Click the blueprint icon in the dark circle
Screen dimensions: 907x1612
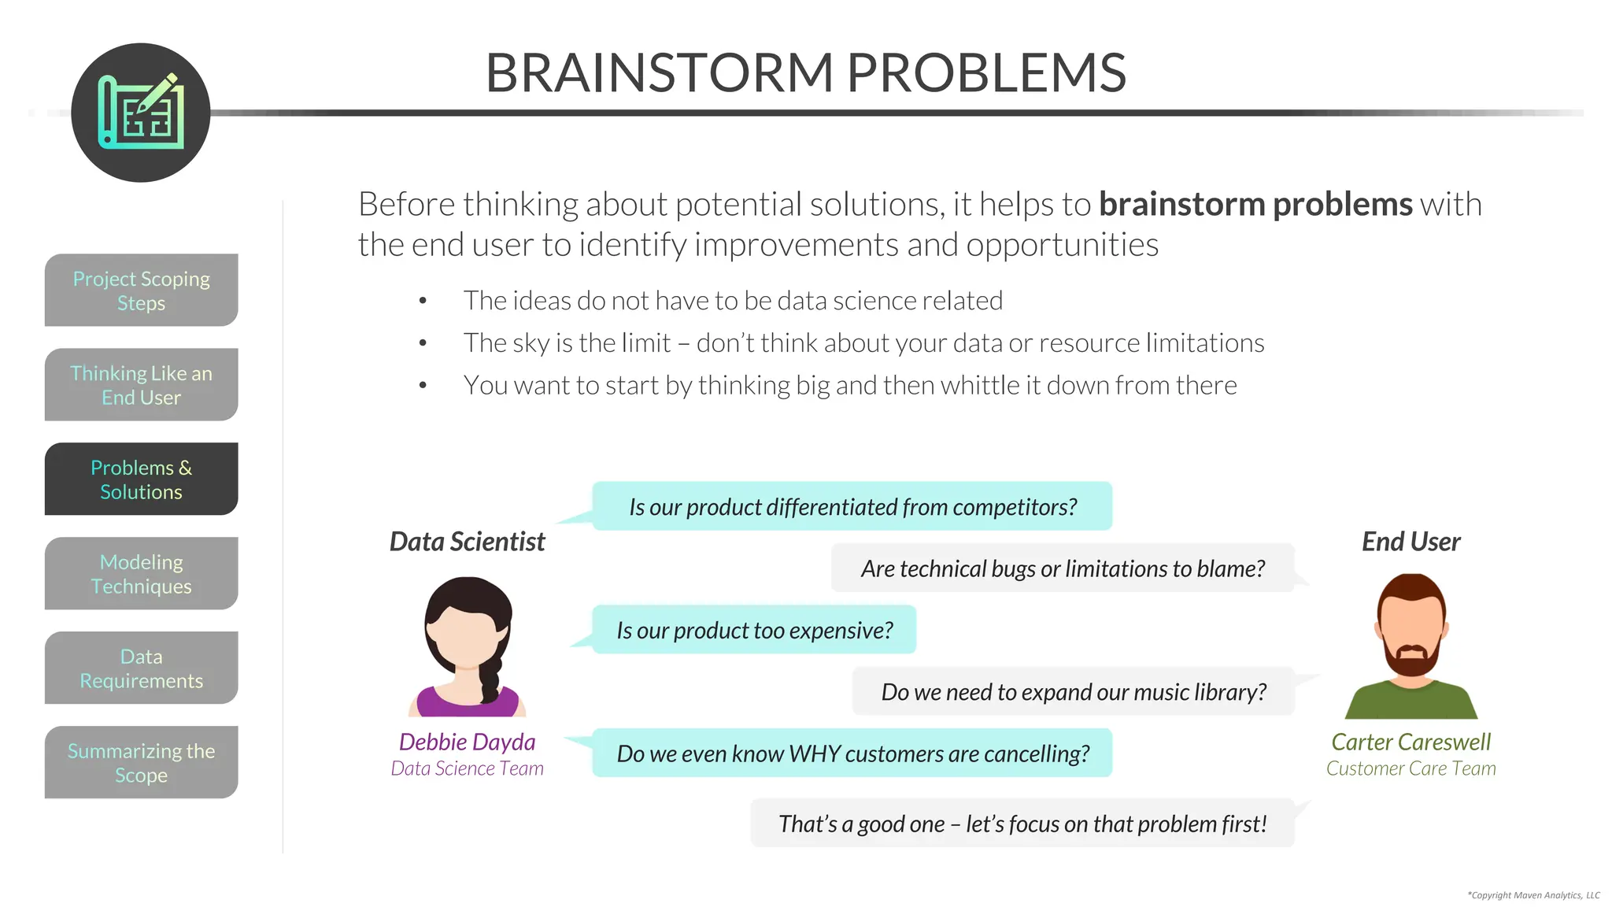point(141,113)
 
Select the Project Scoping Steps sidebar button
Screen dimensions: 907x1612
point(141,291)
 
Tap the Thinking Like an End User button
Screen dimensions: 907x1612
point(141,385)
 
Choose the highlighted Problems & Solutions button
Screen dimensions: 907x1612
point(141,479)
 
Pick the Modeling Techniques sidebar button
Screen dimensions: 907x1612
point(141,574)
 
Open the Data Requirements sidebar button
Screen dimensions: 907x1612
point(141,668)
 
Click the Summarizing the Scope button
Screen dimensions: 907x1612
point(141,763)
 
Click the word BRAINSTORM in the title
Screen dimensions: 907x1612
point(659,73)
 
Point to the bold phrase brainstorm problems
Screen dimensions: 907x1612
point(1255,205)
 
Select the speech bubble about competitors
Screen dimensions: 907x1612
point(852,507)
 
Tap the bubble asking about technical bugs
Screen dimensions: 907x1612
point(1063,568)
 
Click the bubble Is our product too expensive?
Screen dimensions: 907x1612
point(754,631)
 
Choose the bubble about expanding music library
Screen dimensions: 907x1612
point(1073,692)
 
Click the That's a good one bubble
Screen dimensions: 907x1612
point(1022,824)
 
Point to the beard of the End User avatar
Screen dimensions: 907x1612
point(1412,661)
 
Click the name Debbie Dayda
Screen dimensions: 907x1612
point(467,742)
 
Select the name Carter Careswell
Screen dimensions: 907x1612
point(1410,742)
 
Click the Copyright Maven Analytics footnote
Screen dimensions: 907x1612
point(1533,895)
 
